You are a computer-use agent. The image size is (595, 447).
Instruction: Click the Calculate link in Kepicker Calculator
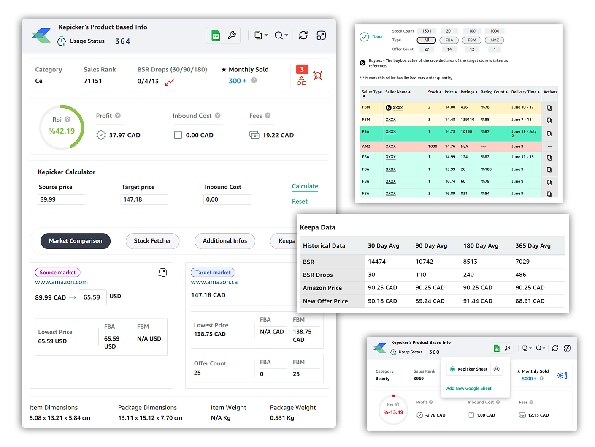[305, 186]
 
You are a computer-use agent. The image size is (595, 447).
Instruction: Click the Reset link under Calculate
[300, 202]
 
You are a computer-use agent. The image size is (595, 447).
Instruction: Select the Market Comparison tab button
[76, 241]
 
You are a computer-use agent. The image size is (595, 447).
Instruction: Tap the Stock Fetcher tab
[152, 241]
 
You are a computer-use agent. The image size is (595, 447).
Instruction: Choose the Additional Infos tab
[224, 241]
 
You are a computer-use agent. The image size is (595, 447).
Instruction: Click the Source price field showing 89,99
[61, 199]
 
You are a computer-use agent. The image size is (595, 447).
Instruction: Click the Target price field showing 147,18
[144, 199]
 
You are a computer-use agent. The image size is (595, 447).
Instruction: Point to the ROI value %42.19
[62, 131]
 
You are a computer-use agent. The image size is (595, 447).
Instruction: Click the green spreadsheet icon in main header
[216, 36]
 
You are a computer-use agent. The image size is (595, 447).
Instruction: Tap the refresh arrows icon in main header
[303, 35]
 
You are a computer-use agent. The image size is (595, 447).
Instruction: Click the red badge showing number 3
[302, 70]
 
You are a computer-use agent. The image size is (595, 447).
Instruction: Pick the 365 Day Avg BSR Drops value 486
[520, 275]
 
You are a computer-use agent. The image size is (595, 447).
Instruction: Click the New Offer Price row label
[325, 301]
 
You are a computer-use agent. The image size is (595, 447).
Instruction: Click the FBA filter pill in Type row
[449, 40]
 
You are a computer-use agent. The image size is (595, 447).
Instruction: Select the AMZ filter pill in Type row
[495, 40]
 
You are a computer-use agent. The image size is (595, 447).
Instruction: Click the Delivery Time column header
[525, 92]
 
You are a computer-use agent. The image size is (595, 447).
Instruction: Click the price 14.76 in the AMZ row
[450, 147]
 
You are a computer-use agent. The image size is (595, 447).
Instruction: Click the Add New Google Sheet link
[469, 388]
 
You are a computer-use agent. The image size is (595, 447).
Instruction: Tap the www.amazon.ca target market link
[214, 282]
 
